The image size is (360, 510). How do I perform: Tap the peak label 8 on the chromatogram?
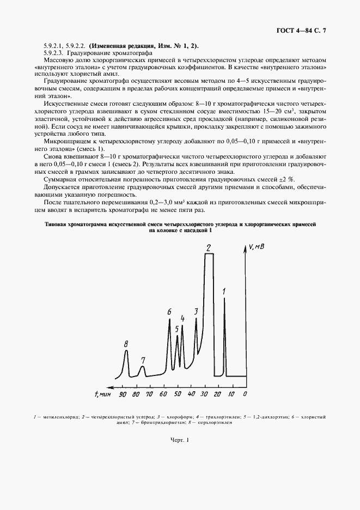pyautogui.click(x=126, y=344)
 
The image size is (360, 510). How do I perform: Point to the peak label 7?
pyautogui.click(x=143, y=360)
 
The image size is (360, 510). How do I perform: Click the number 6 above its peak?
pyautogui.click(x=169, y=312)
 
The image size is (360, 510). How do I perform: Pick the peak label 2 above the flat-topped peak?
pyautogui.click(x=208, y=248)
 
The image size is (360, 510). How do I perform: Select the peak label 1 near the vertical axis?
pyautogui.click(x=224, y=292)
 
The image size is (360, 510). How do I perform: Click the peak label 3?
pyautogui.click(x=196, y=311)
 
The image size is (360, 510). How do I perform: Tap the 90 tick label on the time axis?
pyautogui.click(x=123, y=393)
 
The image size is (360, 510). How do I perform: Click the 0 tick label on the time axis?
pyautogui.click(x=245, y=393)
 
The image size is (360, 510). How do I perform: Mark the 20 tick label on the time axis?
pyautogui.click(x=217, y=393)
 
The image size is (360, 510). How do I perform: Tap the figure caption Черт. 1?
pyautogui.click(x=179, y=440)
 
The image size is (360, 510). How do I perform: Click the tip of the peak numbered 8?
pyautogui.click(x=126, y=351)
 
